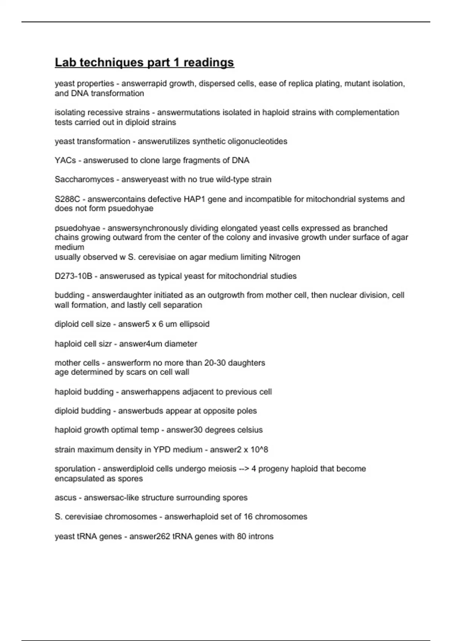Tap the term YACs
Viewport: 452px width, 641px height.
tap(65, 161)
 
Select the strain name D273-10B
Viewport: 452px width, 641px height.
tap(73, 276)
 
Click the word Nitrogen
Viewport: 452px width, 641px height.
tap(284, 257)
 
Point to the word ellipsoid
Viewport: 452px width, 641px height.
tap(194, 324)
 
